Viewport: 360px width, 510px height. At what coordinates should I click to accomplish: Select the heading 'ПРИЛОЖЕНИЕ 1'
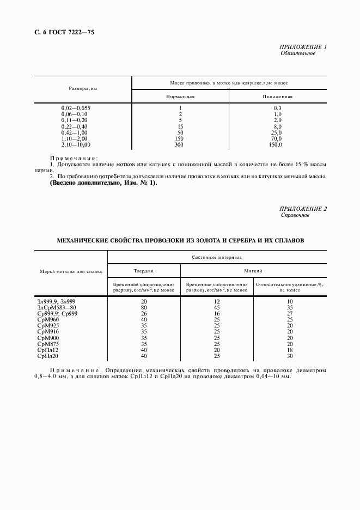pos(302,47)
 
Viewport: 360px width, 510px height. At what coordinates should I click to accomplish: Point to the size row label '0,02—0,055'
pos(76,108)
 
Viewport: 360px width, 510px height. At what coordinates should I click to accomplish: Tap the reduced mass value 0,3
pos(277,108)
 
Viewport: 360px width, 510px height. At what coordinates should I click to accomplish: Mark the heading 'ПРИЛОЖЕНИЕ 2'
pos(302,209)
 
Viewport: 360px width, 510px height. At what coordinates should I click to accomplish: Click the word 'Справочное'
pos(295,215)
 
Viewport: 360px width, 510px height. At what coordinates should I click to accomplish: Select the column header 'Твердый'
pos(144,270)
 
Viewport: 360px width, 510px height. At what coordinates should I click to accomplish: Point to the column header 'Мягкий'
pos(253,270)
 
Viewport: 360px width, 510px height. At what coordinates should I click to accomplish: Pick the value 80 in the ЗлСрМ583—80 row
pos(144,307)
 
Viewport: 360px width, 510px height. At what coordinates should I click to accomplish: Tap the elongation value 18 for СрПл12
pos(290,350)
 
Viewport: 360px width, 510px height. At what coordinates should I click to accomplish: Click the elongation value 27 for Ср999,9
pos(290,313)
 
